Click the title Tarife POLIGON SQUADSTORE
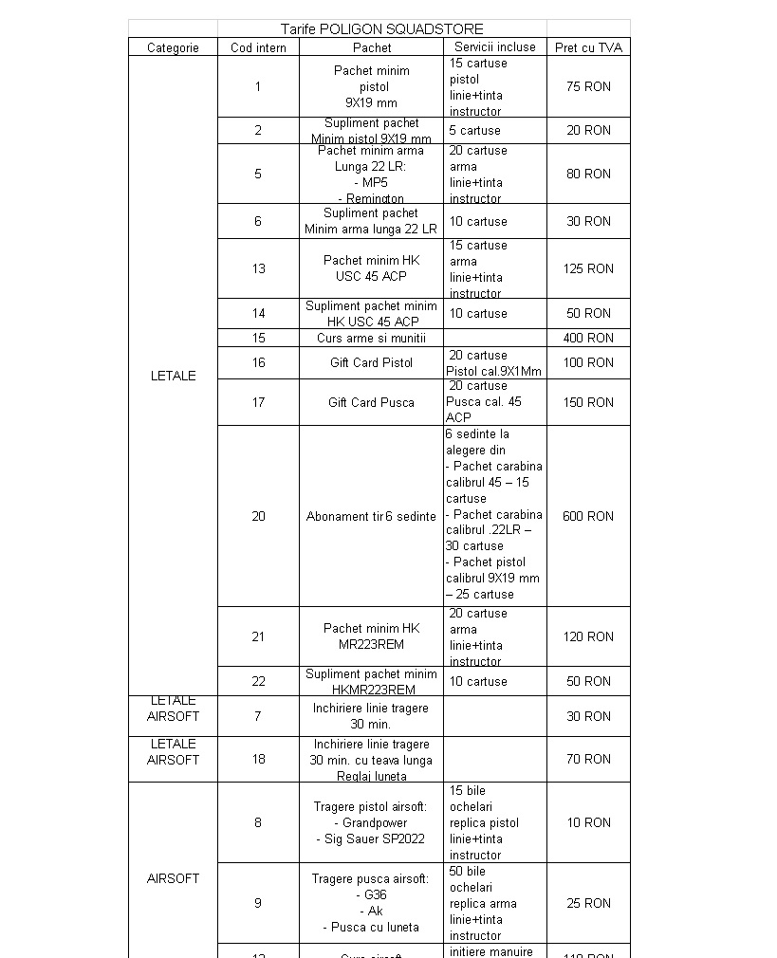click(381, 29)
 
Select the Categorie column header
click(173, 47)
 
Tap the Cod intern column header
click(258, 47)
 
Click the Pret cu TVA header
click(588, 47)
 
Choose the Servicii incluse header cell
click(494, 46)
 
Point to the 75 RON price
click(588, 86)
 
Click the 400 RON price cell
click(588, 338)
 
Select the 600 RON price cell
click(588, 516)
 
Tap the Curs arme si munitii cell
click(371, 338)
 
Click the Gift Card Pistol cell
click(371, 362)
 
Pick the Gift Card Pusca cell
click(371, 402)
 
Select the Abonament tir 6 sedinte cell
click(371, 516)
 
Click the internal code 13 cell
click(258, 268)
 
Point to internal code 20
click(258, 516)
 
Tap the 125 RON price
click(588, 268)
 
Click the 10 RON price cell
click(588, 822)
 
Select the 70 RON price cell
click(588, 759)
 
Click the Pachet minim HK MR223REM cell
click(371, 636)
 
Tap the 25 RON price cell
click(588, 903)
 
